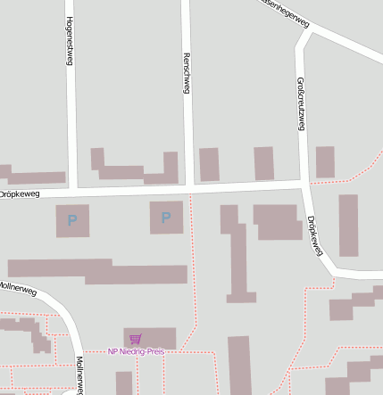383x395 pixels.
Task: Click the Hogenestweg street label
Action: point(70,42)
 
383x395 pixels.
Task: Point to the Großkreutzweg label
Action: point(300,103)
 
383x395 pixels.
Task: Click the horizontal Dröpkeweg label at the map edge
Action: point(19,193)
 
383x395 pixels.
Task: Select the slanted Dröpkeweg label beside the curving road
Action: point(313,235)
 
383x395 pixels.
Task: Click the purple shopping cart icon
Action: point(135,339)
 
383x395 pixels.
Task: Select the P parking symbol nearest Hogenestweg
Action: point(72,220)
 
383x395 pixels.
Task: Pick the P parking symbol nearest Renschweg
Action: point(166,218)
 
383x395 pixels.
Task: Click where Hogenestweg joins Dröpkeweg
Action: point(73,191)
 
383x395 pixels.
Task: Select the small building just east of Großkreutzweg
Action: point(325,162)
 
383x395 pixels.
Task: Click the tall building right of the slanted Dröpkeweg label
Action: point(348,226)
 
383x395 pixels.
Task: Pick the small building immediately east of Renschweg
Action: point(209,165)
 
